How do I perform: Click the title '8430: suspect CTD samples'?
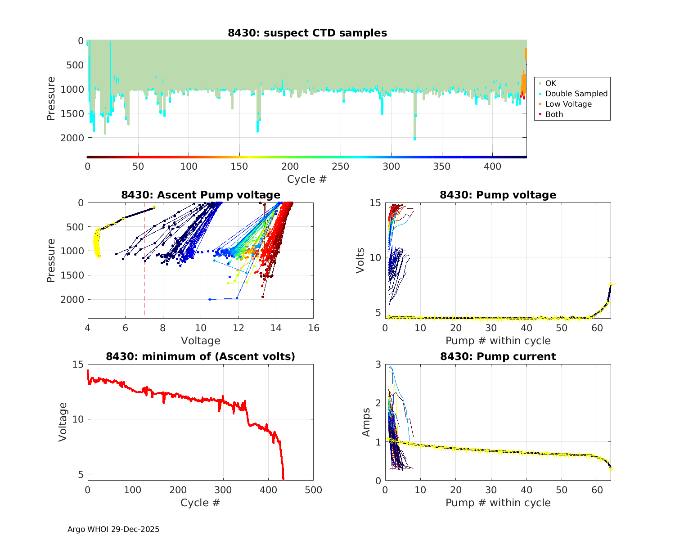coord(307,33)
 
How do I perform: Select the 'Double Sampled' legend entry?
coord(576,94)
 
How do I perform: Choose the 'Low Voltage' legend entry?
coord(568,104)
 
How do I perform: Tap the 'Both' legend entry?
coord(554,114)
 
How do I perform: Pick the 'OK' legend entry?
coord(550,83)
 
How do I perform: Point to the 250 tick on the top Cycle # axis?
coord(341,166)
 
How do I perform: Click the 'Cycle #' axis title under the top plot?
coord(307,179)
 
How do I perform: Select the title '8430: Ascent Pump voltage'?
coord(201,195)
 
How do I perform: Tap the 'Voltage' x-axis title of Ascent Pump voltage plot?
coord(201,341)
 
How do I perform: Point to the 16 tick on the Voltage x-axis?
coord(314,328)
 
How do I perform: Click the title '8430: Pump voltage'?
coord(498,195)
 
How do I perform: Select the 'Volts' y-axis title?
coord(360,260)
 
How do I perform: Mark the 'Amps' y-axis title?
coord(366,422)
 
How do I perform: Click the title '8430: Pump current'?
coord(498,356)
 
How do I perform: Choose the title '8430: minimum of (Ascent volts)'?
coord(201,356)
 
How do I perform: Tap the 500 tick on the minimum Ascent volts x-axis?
coord(314,490)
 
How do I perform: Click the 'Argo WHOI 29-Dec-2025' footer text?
coord(113,529)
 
